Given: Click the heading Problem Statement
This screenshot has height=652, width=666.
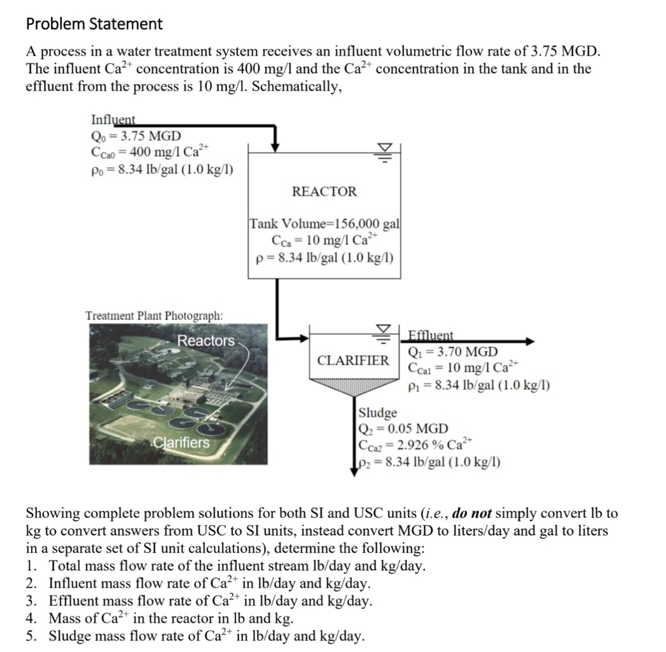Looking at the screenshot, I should [x=94, y=24].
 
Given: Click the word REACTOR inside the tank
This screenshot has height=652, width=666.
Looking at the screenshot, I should [x=324, y=191].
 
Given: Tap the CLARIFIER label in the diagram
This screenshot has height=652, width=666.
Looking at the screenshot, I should [x=353, y=360].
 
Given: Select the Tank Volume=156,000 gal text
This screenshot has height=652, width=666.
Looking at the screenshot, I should [x=324, y=224].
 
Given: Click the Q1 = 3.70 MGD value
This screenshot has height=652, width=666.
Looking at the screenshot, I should [x=453, y=352].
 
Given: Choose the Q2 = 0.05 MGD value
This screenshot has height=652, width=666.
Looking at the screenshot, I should [x=404, y=428].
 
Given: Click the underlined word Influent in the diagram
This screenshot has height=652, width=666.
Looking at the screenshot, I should [x=115, y=120].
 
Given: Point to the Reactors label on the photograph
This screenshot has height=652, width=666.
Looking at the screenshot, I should [x=205, y=340].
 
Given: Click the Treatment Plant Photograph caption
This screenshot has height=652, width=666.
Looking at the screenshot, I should [x=154, y=316].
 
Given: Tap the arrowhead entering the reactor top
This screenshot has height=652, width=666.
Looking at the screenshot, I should [x=275, y=146].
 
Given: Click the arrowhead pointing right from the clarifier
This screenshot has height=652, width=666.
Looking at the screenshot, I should [x=530, y=342].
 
